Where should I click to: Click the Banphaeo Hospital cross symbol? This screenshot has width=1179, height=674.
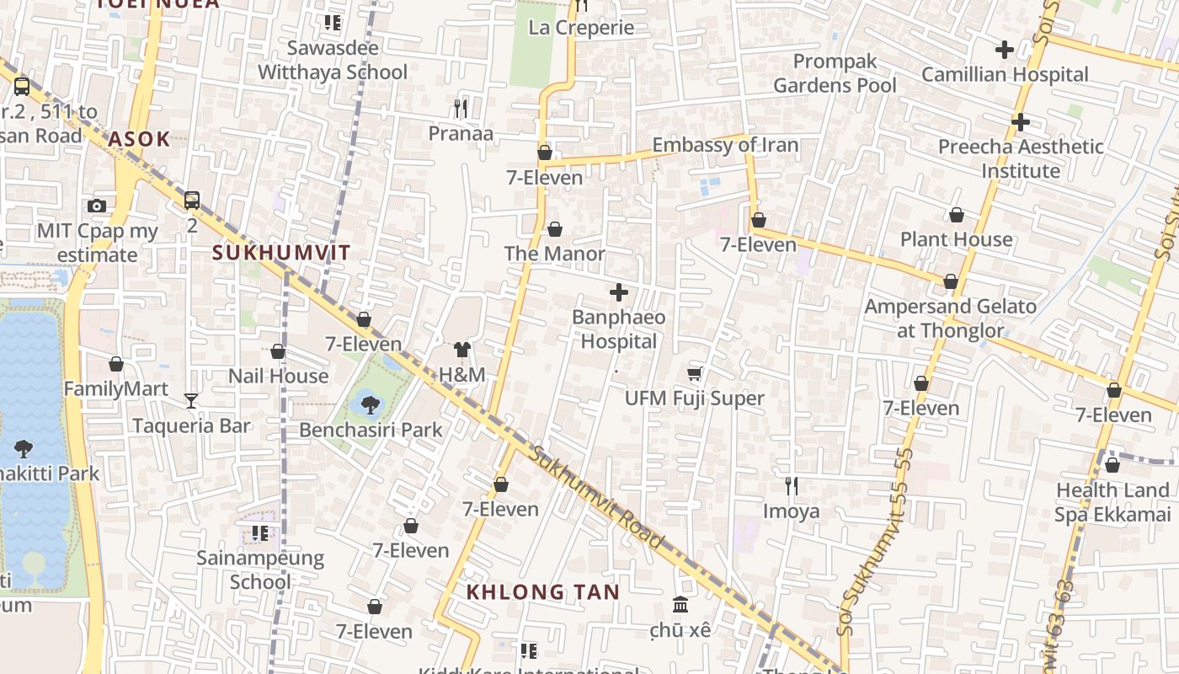click(619, 293)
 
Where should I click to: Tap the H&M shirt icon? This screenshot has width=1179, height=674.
click(461, 350)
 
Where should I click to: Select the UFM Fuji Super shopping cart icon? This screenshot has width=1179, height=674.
click(695, 373)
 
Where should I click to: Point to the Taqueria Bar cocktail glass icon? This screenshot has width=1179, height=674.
click(191, 401)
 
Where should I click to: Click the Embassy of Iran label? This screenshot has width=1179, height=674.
click(725, 145)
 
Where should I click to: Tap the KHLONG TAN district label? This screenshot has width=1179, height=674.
click(543, 592)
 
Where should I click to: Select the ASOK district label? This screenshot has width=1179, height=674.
click(139, 139)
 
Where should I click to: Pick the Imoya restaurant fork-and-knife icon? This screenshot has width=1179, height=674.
click(791, 486)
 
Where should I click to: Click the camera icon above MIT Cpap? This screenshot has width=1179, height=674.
click(97, 206)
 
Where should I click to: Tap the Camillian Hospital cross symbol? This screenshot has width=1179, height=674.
click(1004, 50)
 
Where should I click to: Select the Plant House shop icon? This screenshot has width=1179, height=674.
click(957, 215)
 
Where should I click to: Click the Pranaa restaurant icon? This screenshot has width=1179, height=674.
click(460, 109)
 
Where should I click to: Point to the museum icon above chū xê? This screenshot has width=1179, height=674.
click(680, 605)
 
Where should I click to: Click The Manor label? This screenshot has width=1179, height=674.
click(554, 254)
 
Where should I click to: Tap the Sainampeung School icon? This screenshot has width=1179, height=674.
click(260, 533)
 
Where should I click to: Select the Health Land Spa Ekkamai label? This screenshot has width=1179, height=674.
click(1112, 502)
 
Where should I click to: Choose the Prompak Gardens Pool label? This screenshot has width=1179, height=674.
click(835, 73)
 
